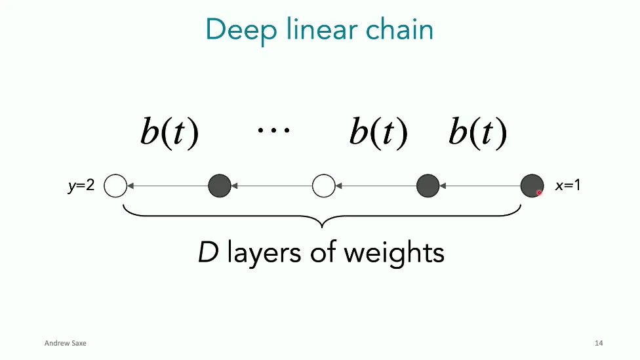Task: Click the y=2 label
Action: [81, 186]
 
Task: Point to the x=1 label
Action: [568, 186]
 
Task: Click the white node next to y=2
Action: [115, 186]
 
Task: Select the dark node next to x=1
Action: [531, 186]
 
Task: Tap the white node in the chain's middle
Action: [323, 186]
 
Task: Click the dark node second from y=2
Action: [220, 186]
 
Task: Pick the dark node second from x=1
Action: [428, 186]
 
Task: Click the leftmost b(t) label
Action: [169, 132]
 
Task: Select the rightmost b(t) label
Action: [477, 132]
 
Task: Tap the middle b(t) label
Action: [378, 132]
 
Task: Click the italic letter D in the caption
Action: [208, 252]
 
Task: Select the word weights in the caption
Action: [399, 253]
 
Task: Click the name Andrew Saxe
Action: [65, 343]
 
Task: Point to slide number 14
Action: [599, 343]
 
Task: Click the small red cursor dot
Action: [539, 193]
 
